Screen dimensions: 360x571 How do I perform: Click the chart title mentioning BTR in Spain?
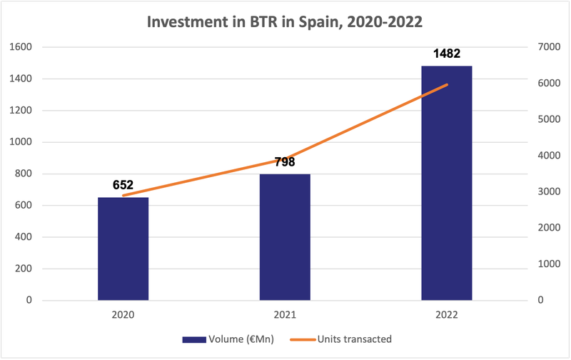[285, 21]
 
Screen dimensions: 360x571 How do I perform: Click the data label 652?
[123, 185]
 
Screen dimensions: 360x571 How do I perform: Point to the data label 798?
[285, 162]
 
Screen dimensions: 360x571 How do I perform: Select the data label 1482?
[446, 54]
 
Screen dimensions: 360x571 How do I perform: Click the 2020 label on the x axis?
[123, 314]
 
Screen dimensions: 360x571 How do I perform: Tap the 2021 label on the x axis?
[285, 314]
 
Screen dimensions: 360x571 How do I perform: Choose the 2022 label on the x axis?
[446, 314]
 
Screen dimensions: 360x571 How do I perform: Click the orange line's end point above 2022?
[447, 84]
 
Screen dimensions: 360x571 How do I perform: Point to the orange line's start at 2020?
[123, 196]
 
